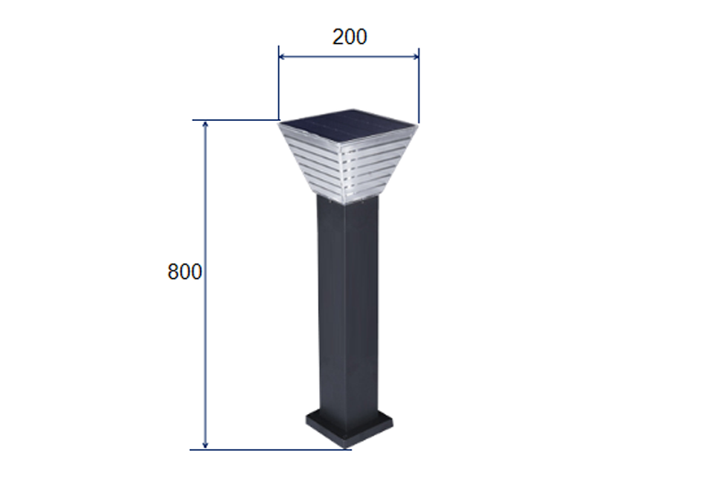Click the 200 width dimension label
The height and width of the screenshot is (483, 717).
(350, 37)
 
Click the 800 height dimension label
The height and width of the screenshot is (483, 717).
(185, 272)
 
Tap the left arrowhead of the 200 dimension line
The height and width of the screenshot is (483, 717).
(282, 56)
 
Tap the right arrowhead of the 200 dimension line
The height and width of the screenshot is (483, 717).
(415, 56)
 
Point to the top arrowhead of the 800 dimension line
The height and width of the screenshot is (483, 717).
(205, 124)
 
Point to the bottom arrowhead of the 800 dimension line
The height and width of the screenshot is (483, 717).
(205, 445)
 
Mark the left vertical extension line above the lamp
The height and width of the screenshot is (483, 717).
(279, 82)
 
